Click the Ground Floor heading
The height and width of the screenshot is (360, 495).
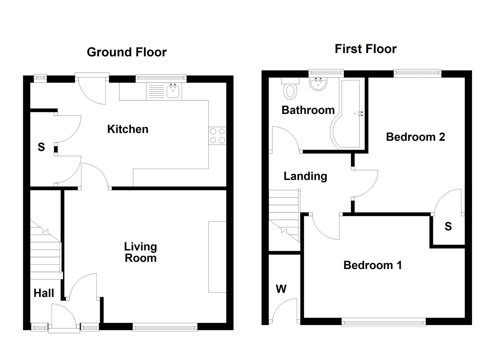[127, 52]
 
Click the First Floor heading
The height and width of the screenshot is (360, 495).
[366, 49]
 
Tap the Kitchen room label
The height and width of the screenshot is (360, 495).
[128, 129]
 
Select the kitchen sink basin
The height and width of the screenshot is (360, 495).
[173, 91]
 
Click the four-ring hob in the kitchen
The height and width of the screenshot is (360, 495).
[217, 136]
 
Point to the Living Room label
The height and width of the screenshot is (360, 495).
[140, 252]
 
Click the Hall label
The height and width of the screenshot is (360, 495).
[44, 293]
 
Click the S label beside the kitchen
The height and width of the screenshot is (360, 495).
[41, 147]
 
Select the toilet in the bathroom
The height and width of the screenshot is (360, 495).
[290, 91]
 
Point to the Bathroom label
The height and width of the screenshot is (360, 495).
[308, 110]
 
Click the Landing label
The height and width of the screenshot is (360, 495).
[305, 176]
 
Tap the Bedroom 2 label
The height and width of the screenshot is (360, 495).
[415, 137]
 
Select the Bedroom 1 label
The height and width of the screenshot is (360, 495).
[372, 265]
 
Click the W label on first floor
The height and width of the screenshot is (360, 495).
[281, 289]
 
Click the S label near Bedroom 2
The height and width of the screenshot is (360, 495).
[448, 227]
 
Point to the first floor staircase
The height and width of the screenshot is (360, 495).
[284, 217]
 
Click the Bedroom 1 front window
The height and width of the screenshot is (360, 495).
[384, 322]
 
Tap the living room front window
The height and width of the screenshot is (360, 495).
[165, 327]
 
